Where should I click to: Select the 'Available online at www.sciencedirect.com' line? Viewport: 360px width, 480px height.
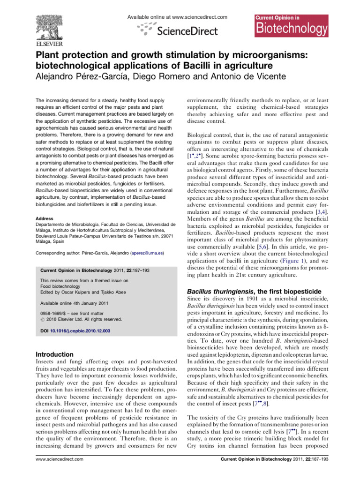click(x=177, y=17)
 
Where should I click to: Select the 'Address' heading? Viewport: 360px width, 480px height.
click(x=45, y=218)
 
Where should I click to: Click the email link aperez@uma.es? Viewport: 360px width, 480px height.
click(x=147, y=253)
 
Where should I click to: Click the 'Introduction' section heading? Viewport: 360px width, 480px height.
click(x=55, y=354)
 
